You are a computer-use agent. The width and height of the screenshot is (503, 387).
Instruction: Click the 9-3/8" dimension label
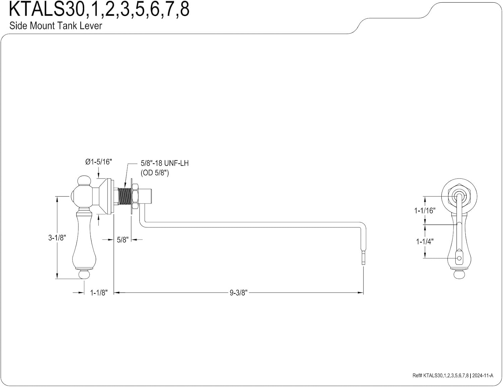[238, 293]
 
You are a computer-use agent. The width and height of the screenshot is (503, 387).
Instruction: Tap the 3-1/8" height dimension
[57, 238]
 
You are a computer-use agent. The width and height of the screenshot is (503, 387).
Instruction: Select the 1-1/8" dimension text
[99, 293]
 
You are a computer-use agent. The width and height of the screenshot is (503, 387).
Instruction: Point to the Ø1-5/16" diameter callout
[99, 162]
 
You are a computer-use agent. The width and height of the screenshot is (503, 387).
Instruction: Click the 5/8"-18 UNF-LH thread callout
[165, 163]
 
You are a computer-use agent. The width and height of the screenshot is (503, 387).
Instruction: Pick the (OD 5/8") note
[155, 173]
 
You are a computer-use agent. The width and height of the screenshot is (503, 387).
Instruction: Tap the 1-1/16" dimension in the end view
[425, 210]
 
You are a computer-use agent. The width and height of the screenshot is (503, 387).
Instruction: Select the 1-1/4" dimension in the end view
[425, 241]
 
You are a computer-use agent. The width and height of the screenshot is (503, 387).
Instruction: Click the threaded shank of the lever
[124, 196]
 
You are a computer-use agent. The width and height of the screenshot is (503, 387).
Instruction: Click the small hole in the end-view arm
[459, 258]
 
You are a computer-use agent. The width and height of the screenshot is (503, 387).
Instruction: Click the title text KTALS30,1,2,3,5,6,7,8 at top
[99, 9]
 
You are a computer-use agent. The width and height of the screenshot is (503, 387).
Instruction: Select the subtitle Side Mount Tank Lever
[56, 25]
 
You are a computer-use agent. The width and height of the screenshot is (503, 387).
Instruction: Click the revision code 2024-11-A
[483, 375]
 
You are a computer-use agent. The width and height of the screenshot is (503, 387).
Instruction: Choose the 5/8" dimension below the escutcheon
[122, 240]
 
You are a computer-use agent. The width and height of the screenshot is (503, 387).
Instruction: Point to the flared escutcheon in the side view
[106, 196]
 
